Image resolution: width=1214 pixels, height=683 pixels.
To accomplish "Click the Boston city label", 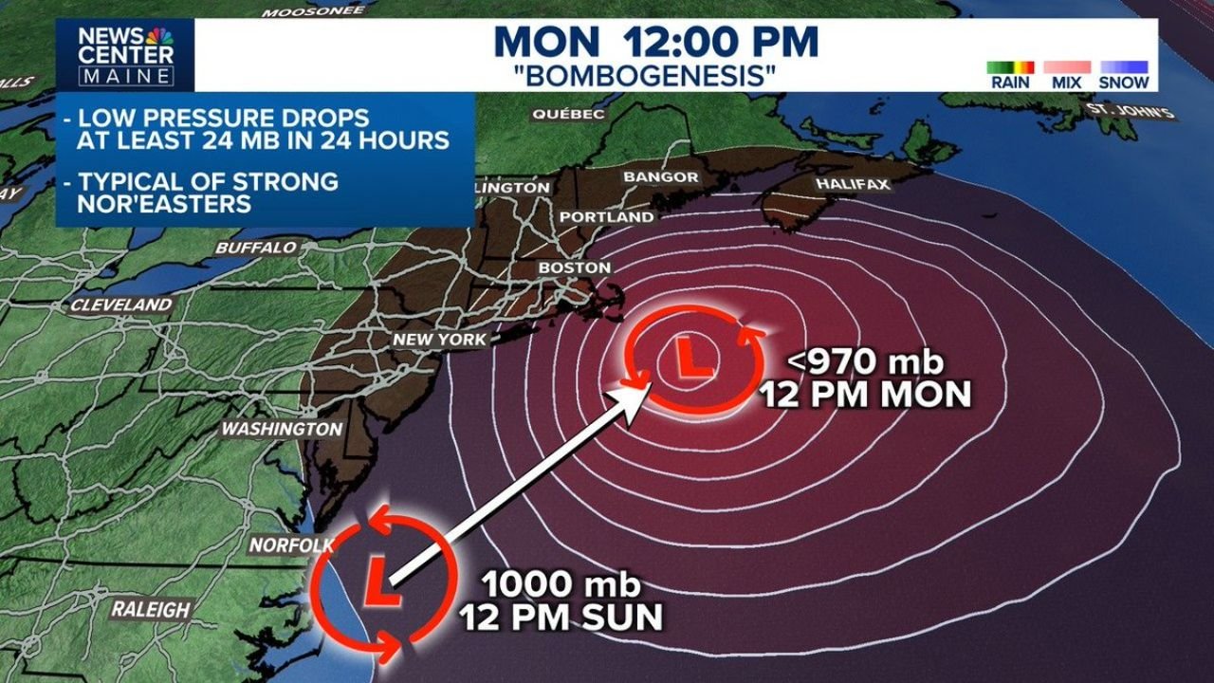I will click(x=575, y=268).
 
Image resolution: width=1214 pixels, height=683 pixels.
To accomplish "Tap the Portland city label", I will click(x=607, y=217).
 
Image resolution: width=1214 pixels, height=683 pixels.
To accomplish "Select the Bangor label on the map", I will click(x=661, y=177).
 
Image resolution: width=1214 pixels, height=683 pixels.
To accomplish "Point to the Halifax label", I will click(x=854, y=184).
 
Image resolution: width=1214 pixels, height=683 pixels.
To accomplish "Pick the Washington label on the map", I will click(x=282, y=429).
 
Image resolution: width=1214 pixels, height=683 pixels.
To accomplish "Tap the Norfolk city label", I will click(x=291, y=545).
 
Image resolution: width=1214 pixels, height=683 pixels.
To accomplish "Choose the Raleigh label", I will click(x=151, y=609).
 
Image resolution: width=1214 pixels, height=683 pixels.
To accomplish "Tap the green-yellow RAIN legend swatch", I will click(x=1010, y=67).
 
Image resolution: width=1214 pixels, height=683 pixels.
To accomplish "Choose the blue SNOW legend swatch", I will click(x=1124, y=67).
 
